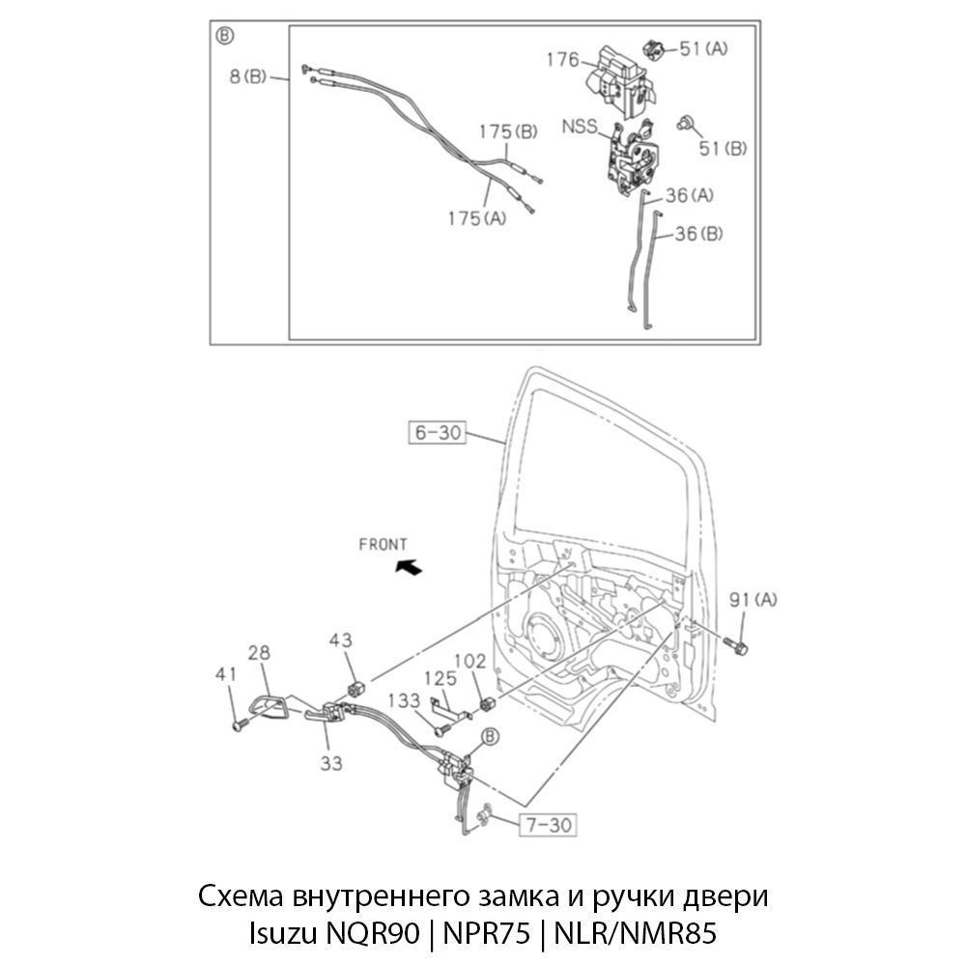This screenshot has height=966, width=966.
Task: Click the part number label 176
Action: [x=563, y=60]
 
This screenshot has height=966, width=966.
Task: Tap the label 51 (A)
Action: [x=703, y=48]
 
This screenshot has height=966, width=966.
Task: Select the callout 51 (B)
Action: [x=723, y=149]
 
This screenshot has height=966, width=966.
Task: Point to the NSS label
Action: [x=580, y=127]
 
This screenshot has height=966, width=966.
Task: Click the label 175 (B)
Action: [x=508, y=131]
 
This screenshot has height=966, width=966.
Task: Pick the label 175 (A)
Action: [x=477, y=218]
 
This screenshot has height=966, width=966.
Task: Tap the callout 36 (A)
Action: [x=690, y=195]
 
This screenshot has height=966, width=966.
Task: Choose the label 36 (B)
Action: [x=698, y=234]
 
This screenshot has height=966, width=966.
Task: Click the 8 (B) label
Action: [x=247, y=77]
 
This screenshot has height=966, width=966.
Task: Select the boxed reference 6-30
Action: [x=438, y=433]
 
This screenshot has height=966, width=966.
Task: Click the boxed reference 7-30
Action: [x=549, y=824]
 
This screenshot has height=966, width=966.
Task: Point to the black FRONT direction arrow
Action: [x=409, y=566]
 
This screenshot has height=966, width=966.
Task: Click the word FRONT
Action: [x=383, y=545]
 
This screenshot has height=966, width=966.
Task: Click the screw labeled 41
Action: [x=241, y=724]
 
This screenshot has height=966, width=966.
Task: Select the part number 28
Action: [x=259, y=653]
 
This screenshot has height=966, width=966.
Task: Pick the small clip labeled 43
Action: [x=355, y=689]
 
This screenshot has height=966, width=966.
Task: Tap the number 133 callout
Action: [x=404, y=700]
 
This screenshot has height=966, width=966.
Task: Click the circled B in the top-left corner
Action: [x=225, y=36]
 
